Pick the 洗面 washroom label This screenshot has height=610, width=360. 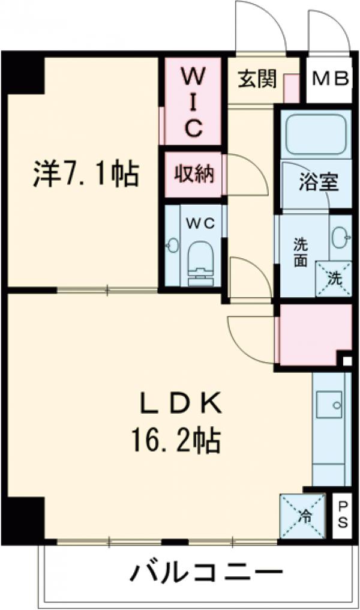pos(301,252)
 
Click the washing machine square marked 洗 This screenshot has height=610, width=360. pos(334,278)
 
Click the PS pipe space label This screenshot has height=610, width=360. pos(343,514)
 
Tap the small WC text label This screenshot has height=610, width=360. pos(196,223)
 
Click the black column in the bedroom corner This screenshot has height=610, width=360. pos(25,73)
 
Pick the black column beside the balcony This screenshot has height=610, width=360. pos(23,517)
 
